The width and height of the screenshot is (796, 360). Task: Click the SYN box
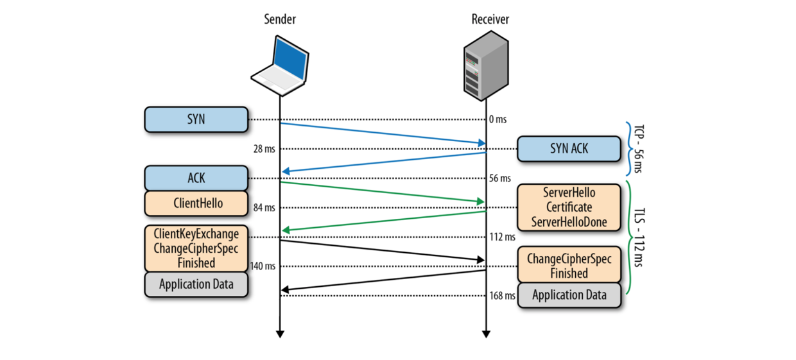pos(196,119)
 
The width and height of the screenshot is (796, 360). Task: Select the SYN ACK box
pos(569,149)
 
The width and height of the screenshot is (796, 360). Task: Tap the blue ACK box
pos(196,178)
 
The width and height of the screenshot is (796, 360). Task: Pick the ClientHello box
pos(196,203)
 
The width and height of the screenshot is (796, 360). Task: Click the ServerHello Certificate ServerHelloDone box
pos(569,207)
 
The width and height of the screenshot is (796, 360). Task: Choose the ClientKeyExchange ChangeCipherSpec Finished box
pos(196,248)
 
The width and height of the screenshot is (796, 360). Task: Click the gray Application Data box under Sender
pos(196,284)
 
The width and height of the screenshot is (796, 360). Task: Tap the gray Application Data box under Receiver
pos(569,296)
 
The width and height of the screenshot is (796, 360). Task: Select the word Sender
pos(281,19)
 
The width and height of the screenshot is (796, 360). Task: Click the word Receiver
pos(490,19)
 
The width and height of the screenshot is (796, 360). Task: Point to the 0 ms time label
pos(498,119)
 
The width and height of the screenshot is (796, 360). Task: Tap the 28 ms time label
pos(264,149)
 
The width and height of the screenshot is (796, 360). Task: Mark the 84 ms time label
pos(264,207)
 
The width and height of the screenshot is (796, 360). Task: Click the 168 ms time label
pos(502,296)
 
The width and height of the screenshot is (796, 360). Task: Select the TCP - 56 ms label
pos(636,149)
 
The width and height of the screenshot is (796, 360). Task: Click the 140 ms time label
pos(263,266)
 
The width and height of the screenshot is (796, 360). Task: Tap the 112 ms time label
pos(502,237)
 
